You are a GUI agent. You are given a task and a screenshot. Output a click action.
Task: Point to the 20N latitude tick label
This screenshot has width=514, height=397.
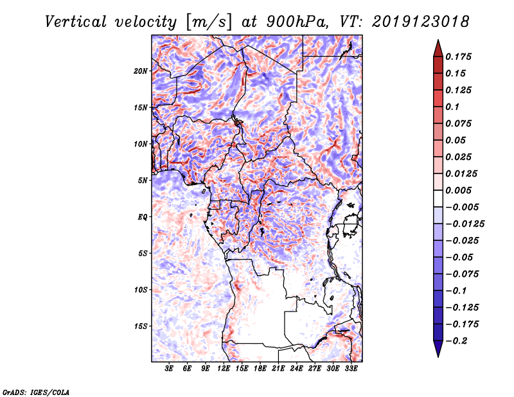(x=141, y=71)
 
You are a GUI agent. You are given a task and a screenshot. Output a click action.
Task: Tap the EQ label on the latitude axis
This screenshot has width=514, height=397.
(x=143, y=217)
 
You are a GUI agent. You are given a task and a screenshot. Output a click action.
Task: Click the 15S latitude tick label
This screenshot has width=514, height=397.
(x=141, y=326)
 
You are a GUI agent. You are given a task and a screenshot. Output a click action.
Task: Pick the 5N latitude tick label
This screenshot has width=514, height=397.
(x=143, y=181)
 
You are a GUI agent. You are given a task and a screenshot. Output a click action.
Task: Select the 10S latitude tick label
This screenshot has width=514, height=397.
(x=141, y=290)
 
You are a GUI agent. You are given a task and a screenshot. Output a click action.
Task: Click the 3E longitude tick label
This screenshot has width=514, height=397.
(x=170, y=369)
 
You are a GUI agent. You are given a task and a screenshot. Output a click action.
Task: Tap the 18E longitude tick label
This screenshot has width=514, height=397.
(x=260, y=369)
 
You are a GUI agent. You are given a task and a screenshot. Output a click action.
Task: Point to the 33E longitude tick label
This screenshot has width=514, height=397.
(x=351, y=369)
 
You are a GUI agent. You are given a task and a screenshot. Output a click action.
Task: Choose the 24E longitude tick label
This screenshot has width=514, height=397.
(x=297, y=369)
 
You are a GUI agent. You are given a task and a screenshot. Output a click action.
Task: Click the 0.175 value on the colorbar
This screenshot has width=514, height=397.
(x=461, y=57)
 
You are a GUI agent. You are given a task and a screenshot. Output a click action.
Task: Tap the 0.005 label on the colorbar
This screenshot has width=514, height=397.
(x=461, y=190)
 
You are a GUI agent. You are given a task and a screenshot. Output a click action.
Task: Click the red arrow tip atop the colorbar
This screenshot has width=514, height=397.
(x=437, y=46)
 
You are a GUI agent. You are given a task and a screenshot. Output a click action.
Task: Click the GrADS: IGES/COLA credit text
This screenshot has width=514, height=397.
(x=36, y=391)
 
